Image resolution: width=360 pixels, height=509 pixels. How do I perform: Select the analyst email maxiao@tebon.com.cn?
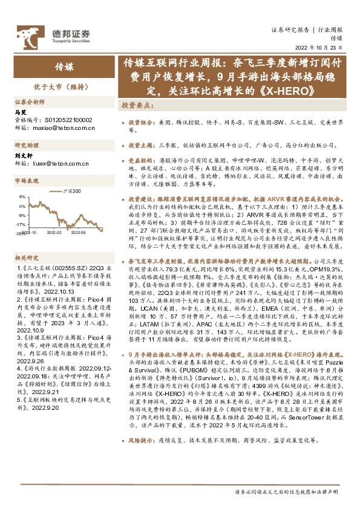[x=62, y=128]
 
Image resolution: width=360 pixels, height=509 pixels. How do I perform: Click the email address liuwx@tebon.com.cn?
[x=61, y=163]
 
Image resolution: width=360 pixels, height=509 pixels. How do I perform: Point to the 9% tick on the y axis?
[x=21, y=196]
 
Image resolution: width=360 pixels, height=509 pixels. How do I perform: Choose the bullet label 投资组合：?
[x=140, y=122]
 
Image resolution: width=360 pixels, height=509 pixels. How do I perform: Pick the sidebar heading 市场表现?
[x=27, y=181]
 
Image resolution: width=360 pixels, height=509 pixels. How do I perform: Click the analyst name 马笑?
[x=20, y=112]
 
